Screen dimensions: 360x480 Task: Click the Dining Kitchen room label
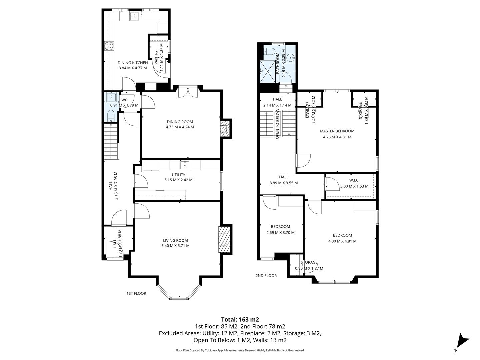click(133, 63)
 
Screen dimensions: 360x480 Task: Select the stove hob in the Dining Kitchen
click(109, 46)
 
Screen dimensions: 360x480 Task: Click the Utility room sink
click(185, 165)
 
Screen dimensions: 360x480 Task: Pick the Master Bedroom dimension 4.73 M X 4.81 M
click(337, 137)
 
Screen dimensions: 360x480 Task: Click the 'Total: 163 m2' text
click(240, 319)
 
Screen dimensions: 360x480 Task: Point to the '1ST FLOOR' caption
click(136, 293)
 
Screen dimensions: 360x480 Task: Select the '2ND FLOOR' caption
click(266, 276)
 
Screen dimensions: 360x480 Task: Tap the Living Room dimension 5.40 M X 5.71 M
click(175, 246)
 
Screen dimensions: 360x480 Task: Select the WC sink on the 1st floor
click(111, 98)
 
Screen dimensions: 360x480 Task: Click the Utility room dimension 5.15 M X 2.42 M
click(178, 180)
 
